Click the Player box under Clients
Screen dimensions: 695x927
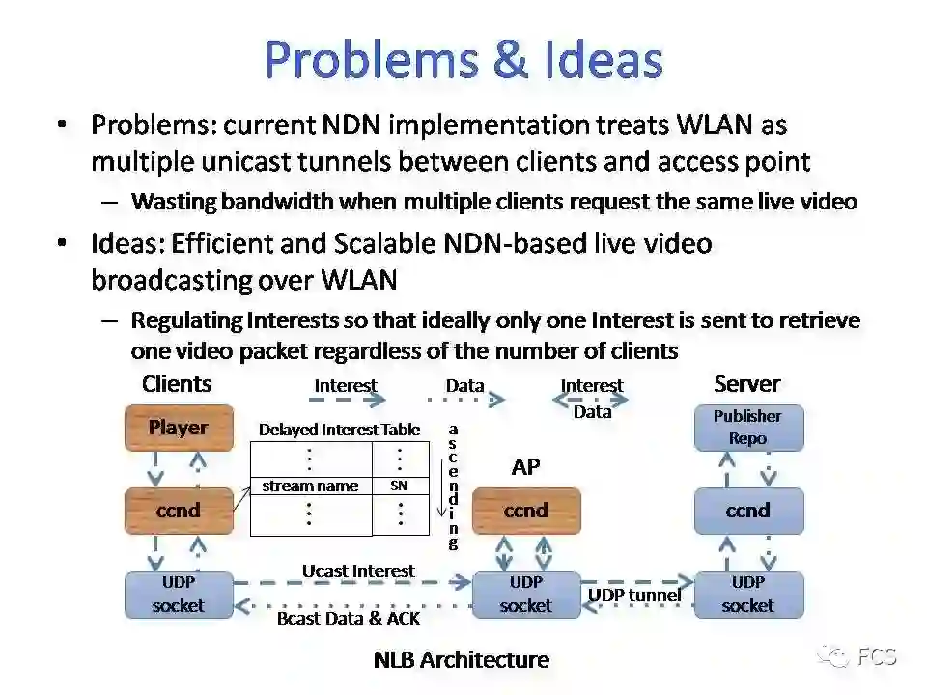pos(179,428)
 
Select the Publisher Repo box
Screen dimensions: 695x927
pos(748,428)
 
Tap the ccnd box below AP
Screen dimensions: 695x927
pos(526,511)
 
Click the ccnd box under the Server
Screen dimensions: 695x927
pos(748,511)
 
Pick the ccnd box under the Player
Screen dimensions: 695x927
pos(179,511)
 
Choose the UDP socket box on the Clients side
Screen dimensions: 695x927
pos(179,595)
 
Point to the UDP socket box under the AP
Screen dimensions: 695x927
pos(526,595)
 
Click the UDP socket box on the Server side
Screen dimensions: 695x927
pos(748,595)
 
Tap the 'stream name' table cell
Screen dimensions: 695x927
pos(310,486)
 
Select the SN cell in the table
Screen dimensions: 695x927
pos(400,486)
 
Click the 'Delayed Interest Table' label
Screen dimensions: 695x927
pos(339,430)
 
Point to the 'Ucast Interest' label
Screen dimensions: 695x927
pos(358,570)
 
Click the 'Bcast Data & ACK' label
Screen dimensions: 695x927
pos(349,618)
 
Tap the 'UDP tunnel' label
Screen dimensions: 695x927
pos(634,595)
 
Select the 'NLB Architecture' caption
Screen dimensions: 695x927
pos(461,660)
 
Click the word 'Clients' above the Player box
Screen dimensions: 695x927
pos(177,384)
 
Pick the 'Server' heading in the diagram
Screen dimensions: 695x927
pos(746,384)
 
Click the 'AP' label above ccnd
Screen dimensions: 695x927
pos(525,467)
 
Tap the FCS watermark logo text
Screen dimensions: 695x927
pos(877,657)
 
